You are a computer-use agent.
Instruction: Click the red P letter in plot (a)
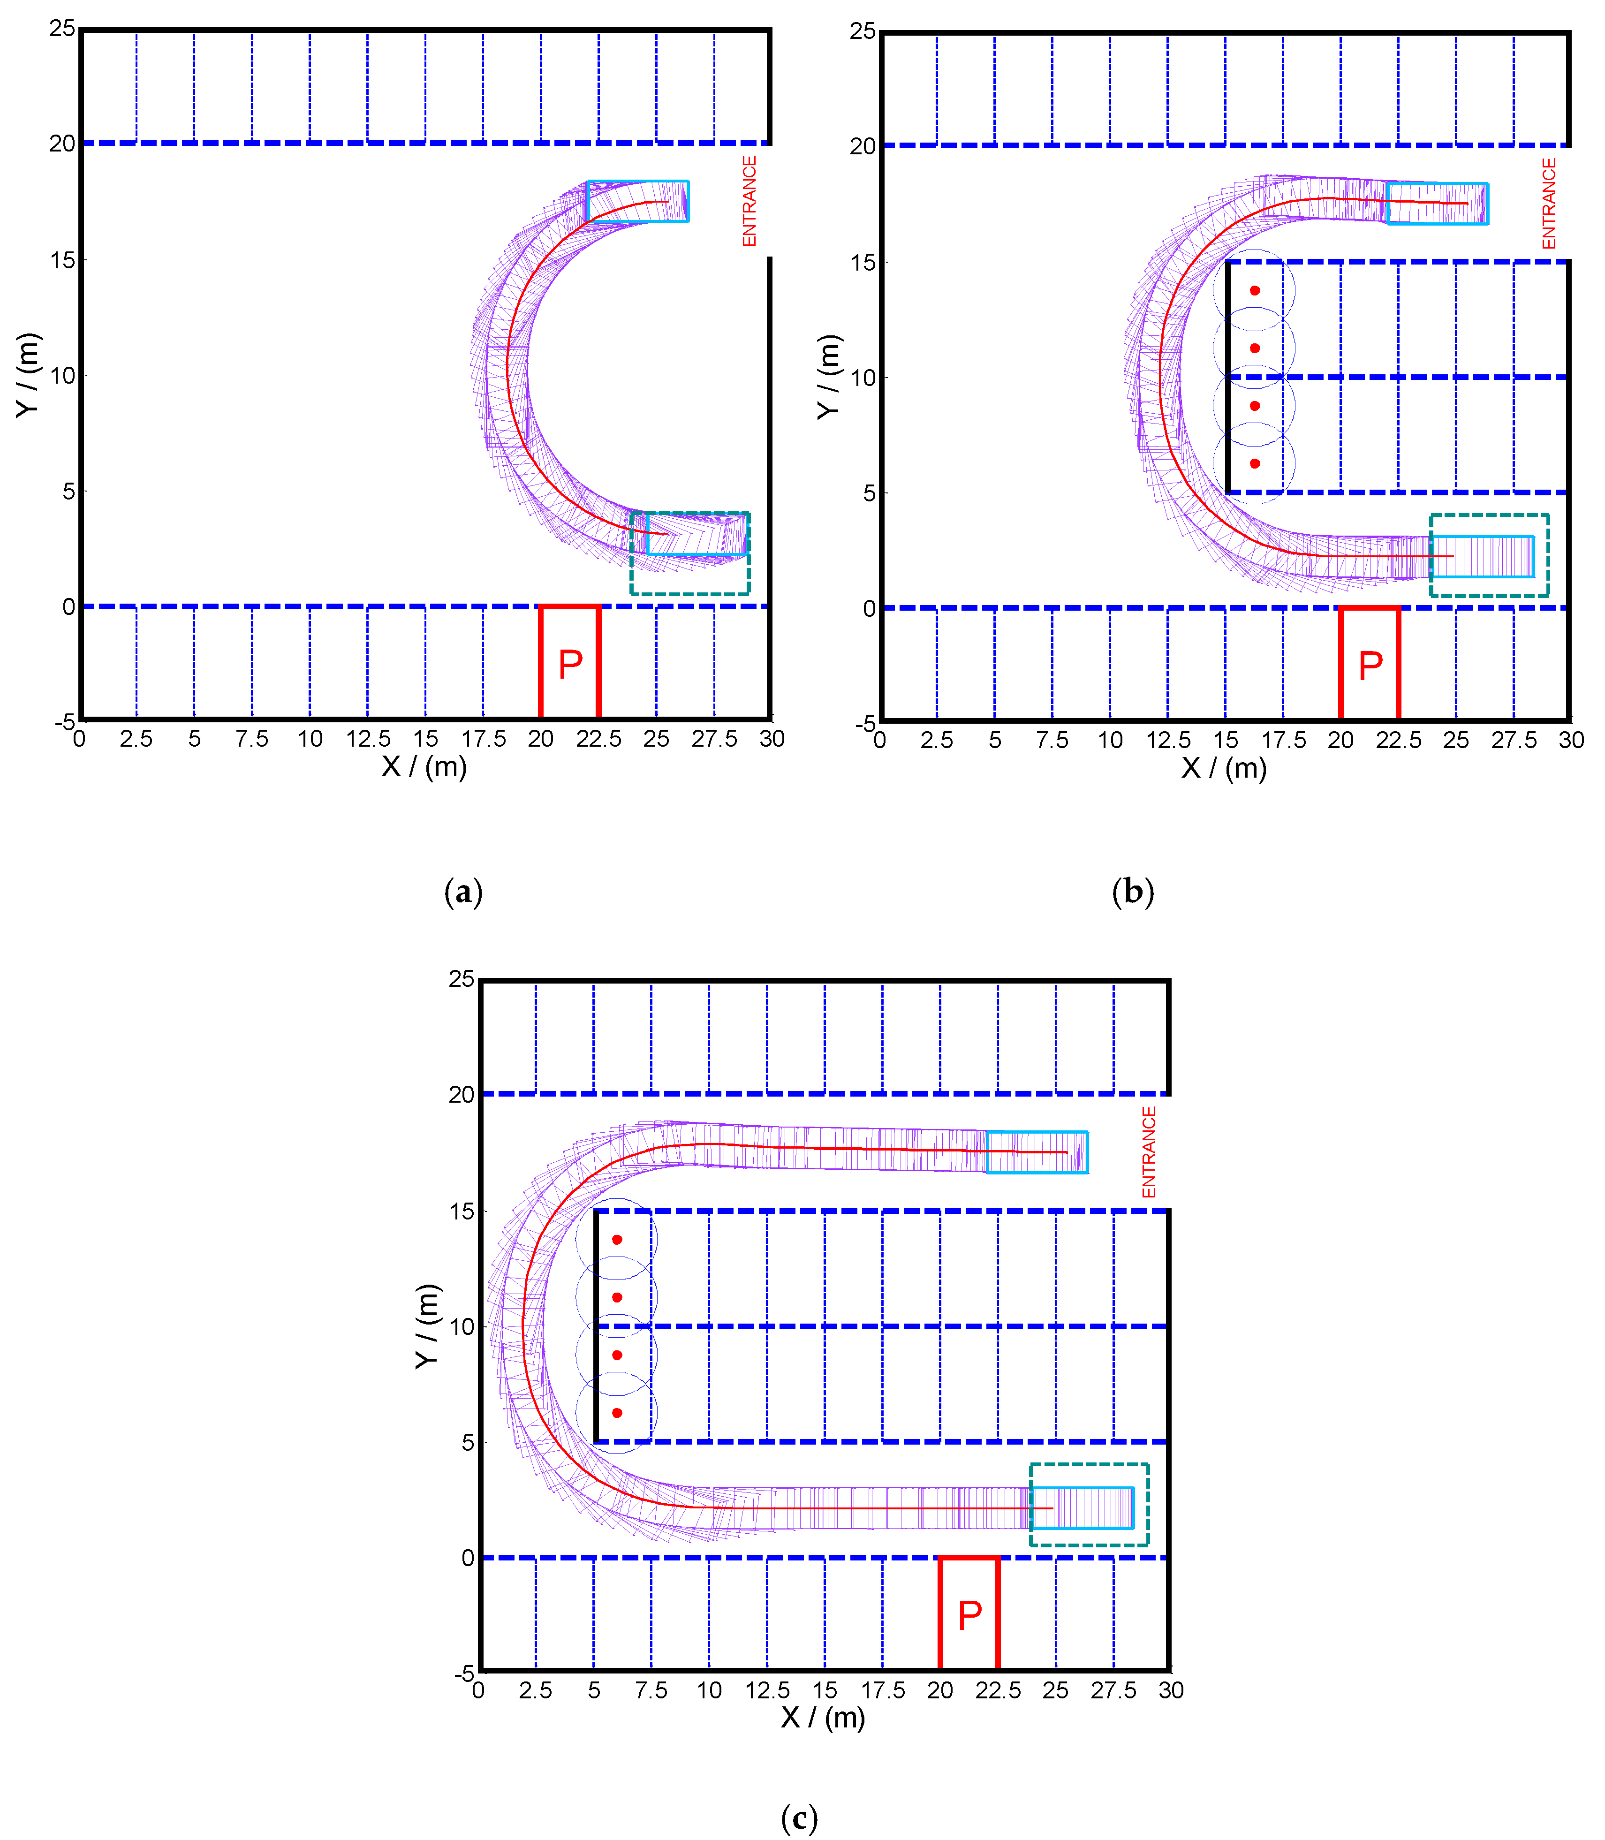pyautogui.click(x=570, y=665)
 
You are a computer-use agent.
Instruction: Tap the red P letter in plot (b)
pyautogui.click(x=1370, y=666)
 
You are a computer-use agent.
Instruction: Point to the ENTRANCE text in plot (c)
pyautogui.click(x=1149, y=1152)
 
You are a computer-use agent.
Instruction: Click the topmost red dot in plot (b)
pyautogui.click(x=1255, y=290)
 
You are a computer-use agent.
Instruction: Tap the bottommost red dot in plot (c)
pyautogui.click(x=617, y=1413)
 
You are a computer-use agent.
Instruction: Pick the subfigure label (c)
pyautogui.click(x=799, y=1817)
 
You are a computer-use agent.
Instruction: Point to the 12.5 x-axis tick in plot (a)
pyautogui.click(x=368, y=739)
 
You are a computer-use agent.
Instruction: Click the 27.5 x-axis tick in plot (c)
pyautogui.click(x=1113, y=1690)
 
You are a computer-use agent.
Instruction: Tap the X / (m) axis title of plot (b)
pyautogui.click(x=1224, y=769)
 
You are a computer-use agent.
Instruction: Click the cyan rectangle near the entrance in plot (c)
pyautogui.click(x=1037, y=1152)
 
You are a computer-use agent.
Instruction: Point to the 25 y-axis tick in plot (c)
pyautogui.click(x=461, y=979)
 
